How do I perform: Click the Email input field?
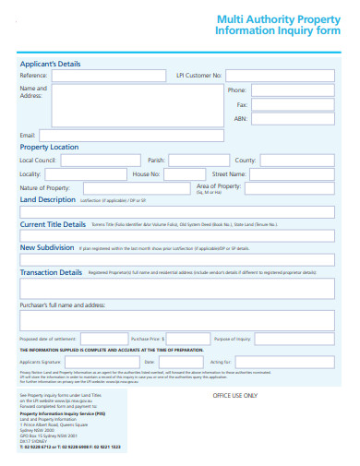pyautogui.click(x=137, y=135)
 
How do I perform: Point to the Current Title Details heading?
pyautogui.click(x=53, y=224)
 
